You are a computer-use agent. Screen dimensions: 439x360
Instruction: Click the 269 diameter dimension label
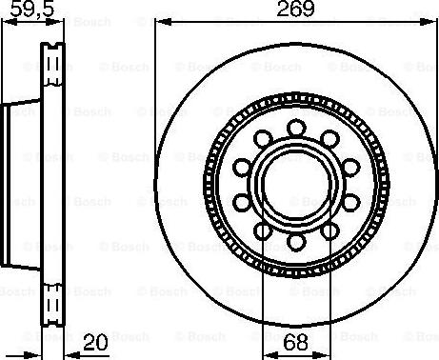[x=295, y=9]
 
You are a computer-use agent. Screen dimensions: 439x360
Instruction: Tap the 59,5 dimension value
[x=32, y=10]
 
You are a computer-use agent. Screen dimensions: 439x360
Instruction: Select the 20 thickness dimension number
[x=95, y=343]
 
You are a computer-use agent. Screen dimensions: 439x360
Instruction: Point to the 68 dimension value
[x=295, y=343]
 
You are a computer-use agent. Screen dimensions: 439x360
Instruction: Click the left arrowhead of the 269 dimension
[x=163, y=22]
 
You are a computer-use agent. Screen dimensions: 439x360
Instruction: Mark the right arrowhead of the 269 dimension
[x=426, y=22]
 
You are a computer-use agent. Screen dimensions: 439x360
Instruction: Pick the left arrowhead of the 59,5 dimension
[x=10, y=22]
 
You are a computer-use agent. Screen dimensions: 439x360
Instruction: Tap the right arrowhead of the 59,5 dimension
[x=55, y=22]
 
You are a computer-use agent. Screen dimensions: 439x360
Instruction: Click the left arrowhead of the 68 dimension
[x=271, y=355]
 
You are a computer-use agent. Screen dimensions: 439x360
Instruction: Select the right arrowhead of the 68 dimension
[x=321, y=355]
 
